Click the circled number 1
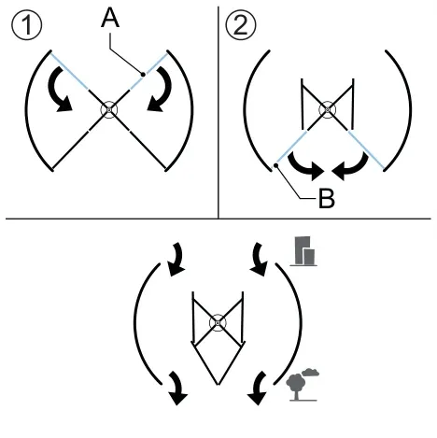coord(27,26)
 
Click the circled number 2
coord(241,25)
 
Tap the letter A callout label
coord(110,19)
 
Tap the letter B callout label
coord(327,198)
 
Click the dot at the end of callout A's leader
coord(143,75)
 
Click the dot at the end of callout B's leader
coord(275,164)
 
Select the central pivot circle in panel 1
coord(109,110)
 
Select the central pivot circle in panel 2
coord(328,110)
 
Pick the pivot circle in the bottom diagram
coord(218,323)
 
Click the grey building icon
coord(303,251)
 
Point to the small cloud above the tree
coord(310,372)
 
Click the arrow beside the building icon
coord(260,259)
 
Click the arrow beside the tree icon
coord(259,388)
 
